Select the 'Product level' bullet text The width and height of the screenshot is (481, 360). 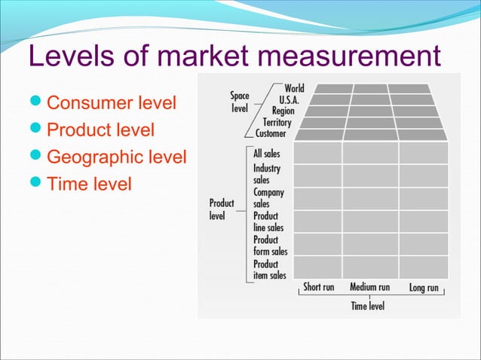[x=101, y=130]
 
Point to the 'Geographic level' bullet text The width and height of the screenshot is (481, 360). [x=117, y=157]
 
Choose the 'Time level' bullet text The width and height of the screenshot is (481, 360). [x=89, y=183]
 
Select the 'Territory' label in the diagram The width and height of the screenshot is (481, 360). [x=277, y=122]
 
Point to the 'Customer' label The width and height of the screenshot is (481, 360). [x=271, y=133]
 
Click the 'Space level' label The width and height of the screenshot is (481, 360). [x=239, y=102]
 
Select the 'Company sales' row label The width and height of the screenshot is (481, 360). [x=268, y=198]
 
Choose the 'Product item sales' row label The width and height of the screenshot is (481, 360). [x=269, y=270]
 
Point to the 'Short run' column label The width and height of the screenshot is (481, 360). [x=318, y=287]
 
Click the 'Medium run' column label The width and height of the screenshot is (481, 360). [x=369, y=287]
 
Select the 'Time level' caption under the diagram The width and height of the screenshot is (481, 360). [x=368, y=306]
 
